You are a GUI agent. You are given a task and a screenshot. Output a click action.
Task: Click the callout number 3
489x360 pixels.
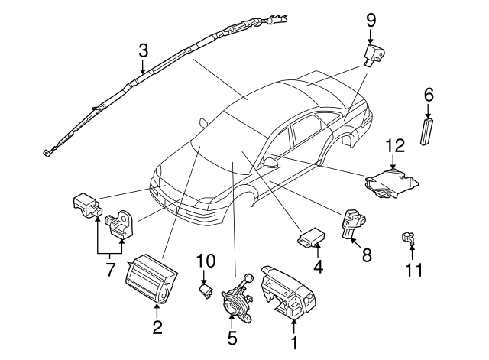click(142, 52)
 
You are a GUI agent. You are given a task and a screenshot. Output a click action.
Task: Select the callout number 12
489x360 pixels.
click(393, 145)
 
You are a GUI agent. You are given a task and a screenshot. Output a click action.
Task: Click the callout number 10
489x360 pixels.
click(202, 261)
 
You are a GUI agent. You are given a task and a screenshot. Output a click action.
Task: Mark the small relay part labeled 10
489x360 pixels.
click(204, 290)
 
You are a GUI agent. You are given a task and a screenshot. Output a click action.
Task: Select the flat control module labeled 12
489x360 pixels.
click(391, 184)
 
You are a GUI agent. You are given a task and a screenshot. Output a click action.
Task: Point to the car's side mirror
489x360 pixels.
click(271, 163)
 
